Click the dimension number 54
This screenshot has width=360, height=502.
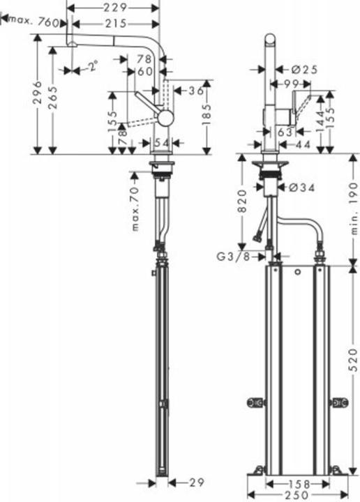point(161,142)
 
